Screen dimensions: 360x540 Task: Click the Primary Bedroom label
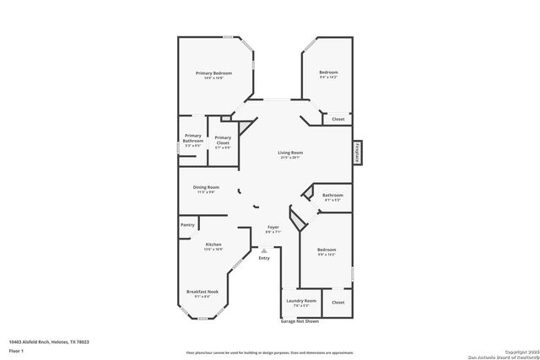pos(213,73)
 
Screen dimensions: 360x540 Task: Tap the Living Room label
pos(290,153)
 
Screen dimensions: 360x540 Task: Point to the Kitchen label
pos(213,244)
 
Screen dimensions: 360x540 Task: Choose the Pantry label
pos(187,225)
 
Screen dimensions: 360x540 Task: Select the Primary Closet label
pos(223,140)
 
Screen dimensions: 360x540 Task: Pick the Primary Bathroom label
pos(193,138)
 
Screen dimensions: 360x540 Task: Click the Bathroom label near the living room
pos(332,196)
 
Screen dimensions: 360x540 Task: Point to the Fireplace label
pos(358,151)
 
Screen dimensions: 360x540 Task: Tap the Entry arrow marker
pos(264,250)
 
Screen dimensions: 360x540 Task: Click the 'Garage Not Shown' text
pos(300,321)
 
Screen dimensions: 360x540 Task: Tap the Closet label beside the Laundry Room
pos(337,301)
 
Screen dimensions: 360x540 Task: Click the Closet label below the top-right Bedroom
pos(337,119)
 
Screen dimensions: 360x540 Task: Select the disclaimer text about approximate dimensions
pos(270,352)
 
